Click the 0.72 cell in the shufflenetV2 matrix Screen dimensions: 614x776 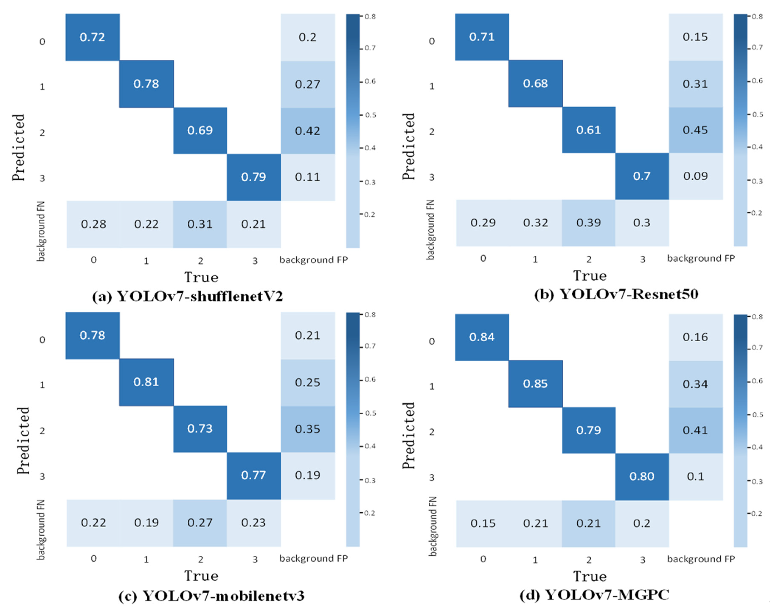pos(93,37)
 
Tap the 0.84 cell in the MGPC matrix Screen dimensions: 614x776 pos(482,337)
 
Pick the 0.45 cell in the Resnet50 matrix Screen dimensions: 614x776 pos(695,130)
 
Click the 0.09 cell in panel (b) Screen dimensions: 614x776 pos(695,176)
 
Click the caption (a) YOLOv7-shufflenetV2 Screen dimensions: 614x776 pos(187,297)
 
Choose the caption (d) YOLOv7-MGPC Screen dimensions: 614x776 pos(594,595)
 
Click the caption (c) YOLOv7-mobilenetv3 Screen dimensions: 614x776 pos(211,596)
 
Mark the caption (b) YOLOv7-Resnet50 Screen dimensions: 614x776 pos(616,294)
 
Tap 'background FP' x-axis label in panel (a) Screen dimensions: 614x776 pos(314,260)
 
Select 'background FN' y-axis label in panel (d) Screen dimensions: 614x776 pos(433,527)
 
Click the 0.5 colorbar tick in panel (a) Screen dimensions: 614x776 pos(370,115)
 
